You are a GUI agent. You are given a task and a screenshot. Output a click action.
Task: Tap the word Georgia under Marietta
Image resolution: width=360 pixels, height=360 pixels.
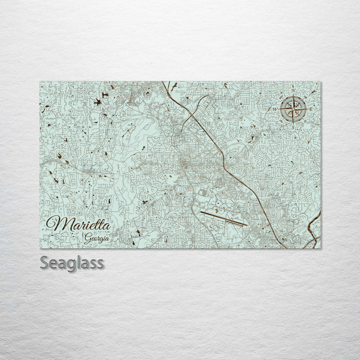tap(97, 237)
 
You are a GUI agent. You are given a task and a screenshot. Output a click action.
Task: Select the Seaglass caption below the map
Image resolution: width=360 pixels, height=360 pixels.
tap(72, 263)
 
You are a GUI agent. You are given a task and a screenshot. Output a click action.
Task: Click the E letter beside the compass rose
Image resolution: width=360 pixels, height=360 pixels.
tap(311, 109)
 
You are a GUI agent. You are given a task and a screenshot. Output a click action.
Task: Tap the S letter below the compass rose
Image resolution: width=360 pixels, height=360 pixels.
tap(292, 126)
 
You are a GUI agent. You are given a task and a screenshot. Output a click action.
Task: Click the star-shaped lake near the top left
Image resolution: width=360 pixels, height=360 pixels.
tap(96, 103)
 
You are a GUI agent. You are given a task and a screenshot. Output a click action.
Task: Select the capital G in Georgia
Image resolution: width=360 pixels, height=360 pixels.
tap(87, 237)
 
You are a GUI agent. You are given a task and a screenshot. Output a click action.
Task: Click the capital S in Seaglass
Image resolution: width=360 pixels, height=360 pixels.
tap(44, 263)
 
